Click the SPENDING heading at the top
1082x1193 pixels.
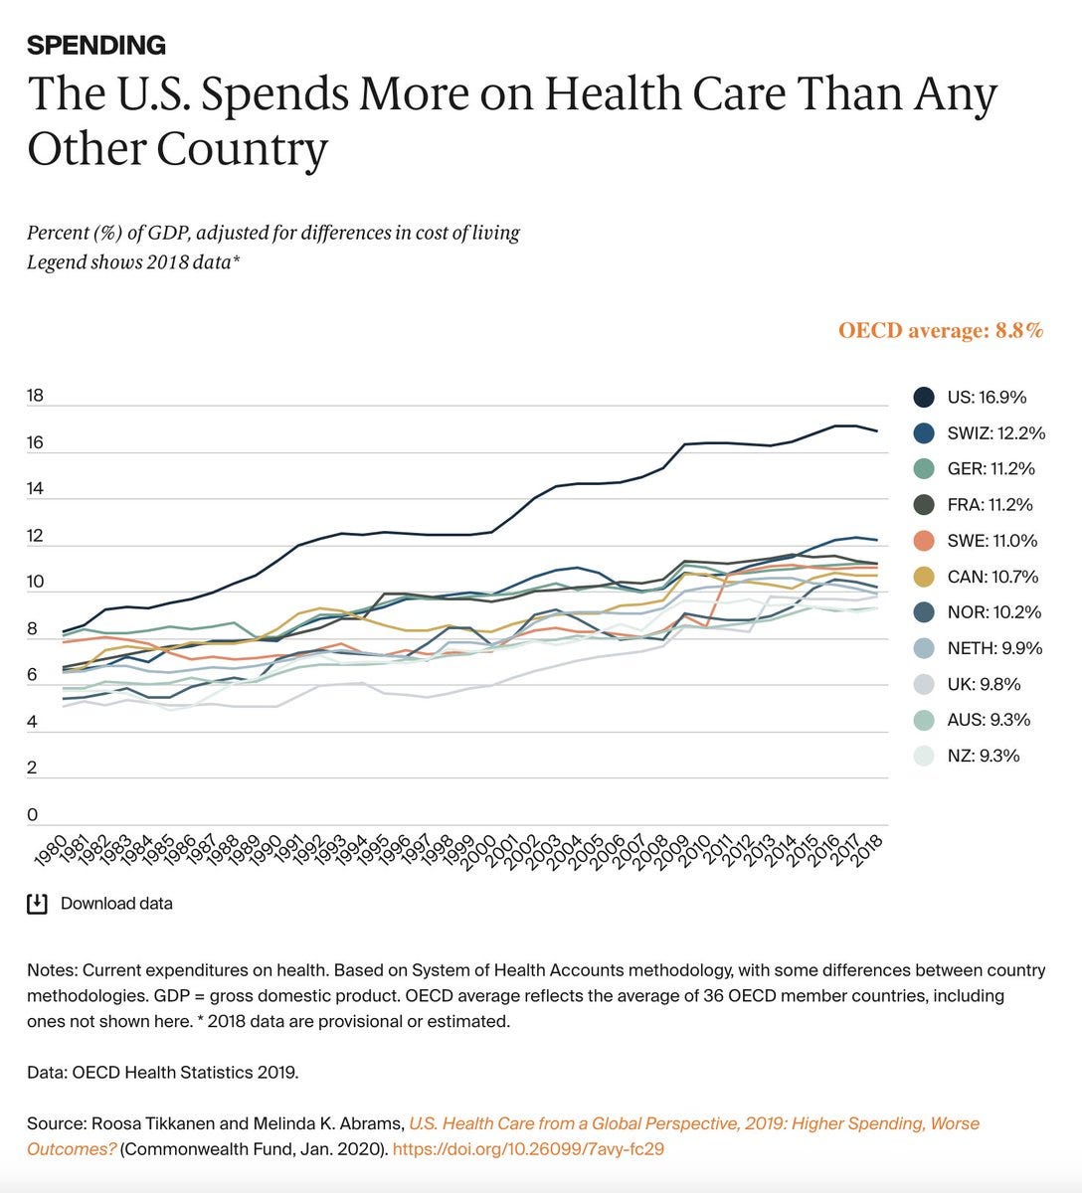point(95,45)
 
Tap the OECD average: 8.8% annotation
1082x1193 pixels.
point(941,330)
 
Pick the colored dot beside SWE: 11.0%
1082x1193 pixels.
point(924,541)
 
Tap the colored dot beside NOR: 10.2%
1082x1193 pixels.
point(924,612)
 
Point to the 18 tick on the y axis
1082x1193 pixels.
point(35,396)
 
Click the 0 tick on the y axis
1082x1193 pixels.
point(32,815)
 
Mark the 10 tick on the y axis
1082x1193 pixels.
point(35,582)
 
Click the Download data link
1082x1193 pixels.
point(116,904)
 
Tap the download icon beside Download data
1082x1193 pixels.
point(37,904)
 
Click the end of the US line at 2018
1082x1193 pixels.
point(876,430)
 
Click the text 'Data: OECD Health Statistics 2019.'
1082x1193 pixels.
point(162,1073)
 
